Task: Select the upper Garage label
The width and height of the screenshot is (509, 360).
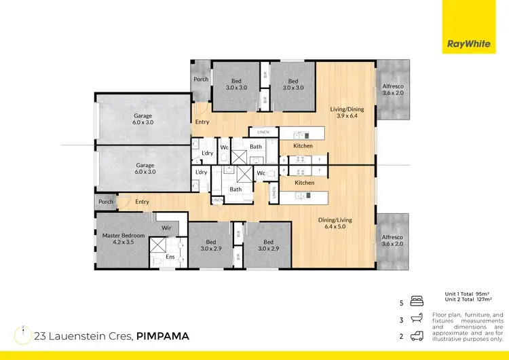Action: pyautogui.click(x=143, y=120)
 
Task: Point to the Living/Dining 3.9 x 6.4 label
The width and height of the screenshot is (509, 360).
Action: pyautogui.click(x=347, y=113)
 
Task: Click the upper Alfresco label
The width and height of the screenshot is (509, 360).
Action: pyautogui.click(x=392, y=88)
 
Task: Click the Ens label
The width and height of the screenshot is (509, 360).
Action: pyautogui.click(x=170, y=257)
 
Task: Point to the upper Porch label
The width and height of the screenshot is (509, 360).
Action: pyautogui.click(x=201, y=79)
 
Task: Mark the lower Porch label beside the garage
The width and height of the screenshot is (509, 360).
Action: pyautogui.click(x=106, y=202)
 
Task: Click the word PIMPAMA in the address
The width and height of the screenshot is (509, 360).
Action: pyautogui.click(x=163, y=336)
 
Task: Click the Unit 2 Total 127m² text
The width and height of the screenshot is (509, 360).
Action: pyautogui.click(x=468, y=300)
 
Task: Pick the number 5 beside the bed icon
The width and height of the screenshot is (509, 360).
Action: pyautogui.click(x=402, y=304)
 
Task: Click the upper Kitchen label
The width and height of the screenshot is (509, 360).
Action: pyautogui.click(x=303, y=146)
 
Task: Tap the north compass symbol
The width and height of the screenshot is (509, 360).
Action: pyautogui.click(x=23, y=334)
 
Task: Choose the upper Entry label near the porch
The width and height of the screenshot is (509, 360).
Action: pyautogui.click(x=202, y=122)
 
